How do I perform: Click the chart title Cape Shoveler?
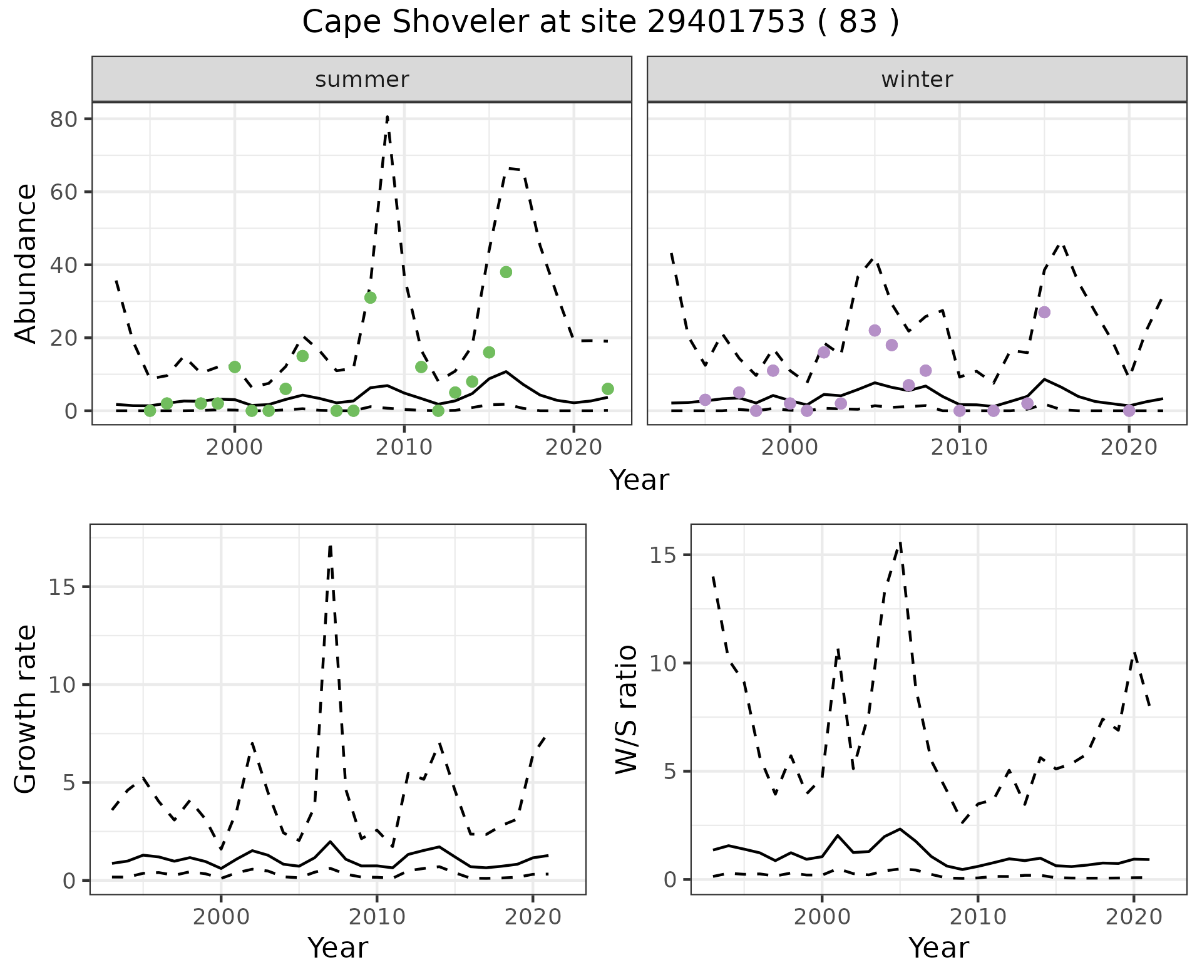(x=600, y=23)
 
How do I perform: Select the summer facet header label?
(x=362, y=80)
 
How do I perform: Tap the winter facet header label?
(x=917, y=80)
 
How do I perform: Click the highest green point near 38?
(x=506, y=272)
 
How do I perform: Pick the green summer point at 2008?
(x=371, y=297)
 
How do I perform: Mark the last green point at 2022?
(x=607, y=389)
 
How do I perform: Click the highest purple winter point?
(x=1044, y=313)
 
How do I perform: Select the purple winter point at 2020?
(x=1129, y=411)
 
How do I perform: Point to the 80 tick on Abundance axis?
(x=62, y=119)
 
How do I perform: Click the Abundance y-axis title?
(x=26, y=264)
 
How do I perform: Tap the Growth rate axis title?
(x=26, y=709)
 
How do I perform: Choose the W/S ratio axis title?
(x=626, y=709)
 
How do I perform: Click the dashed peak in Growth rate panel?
(x=330, y=546)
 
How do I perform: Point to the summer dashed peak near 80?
(x=388, y=116)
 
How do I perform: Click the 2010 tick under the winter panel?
(x=959, y=447)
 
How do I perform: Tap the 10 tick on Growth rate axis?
(x=62, y=685)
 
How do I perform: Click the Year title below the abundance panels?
(x=639, y=480)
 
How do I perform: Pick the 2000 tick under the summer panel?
(x=234, y=447)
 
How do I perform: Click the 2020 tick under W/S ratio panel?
(x=1133, y=917)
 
